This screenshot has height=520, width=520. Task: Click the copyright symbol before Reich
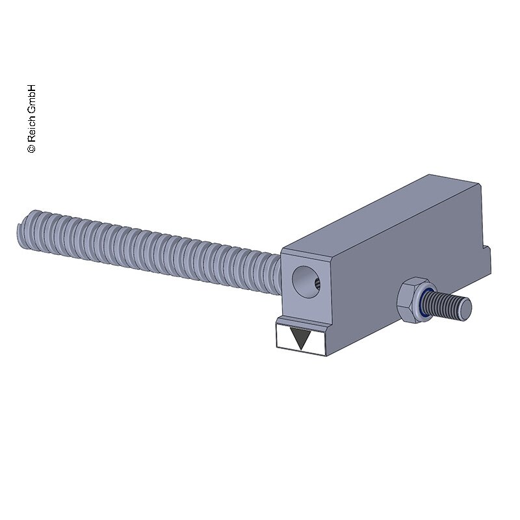31,148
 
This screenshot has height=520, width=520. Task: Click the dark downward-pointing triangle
300,337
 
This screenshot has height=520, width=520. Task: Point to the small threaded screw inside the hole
317,284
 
